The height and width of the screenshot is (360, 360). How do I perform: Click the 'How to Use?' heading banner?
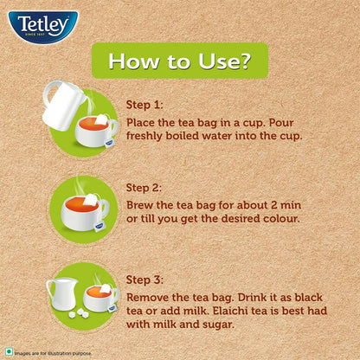pos(180,61)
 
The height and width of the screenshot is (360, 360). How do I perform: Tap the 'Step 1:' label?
pos(145,105)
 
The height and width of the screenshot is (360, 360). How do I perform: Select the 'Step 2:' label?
pos(145,186)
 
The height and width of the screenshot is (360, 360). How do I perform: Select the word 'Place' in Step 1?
pos(144,120)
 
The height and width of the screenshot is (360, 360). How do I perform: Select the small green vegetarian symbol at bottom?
pos(10,352)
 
